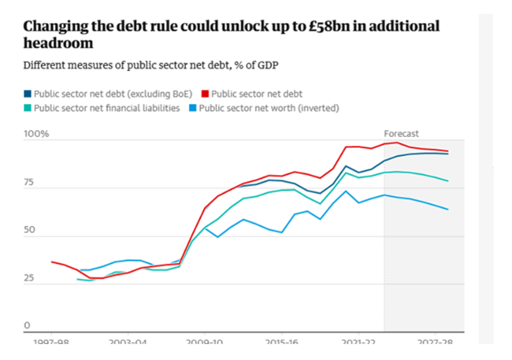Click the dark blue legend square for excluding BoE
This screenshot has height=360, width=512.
(27, 94)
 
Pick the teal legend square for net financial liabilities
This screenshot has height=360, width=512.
(27, 107)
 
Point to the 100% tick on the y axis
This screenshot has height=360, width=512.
(36, 135)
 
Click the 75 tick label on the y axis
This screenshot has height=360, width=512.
(30, 184)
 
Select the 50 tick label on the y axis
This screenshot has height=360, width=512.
(30, 231)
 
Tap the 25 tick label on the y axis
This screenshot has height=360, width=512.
(30, 279)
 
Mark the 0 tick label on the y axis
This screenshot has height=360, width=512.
(26, 325)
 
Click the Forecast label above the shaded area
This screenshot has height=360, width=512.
(401, 134)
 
